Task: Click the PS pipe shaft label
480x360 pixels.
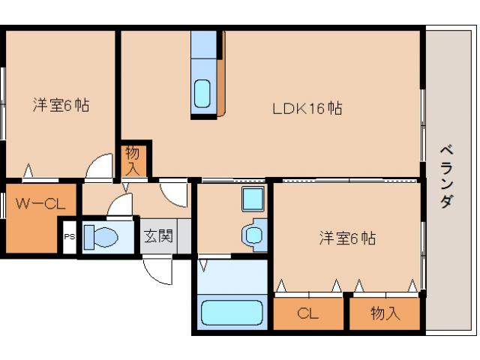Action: tap(69, 236)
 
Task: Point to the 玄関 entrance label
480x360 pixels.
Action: tap(158, 236)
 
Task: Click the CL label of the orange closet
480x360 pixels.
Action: tap(308, 313)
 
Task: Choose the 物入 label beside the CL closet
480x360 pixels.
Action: tap(385, 313)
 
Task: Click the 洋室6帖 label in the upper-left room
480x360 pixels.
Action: tap(61, 105)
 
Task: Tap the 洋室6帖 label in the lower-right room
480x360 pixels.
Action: tap(346, 238)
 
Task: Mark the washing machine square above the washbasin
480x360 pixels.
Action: tap(252, 199)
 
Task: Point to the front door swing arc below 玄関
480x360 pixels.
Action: tap(160, 270)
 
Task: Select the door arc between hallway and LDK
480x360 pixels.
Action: tap(175, 193)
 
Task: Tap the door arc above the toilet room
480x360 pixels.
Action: tap(120, 205)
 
